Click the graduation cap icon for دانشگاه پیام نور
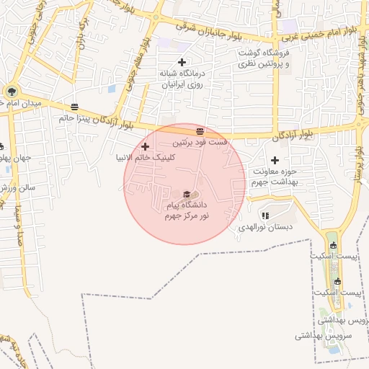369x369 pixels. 187,194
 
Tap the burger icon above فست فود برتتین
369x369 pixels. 200,131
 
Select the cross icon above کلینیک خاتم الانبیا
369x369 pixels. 145,146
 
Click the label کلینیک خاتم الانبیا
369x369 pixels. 143,156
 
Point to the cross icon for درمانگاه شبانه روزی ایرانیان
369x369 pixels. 182,62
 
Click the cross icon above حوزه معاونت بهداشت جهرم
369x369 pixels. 274,160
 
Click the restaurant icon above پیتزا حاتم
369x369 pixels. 75,107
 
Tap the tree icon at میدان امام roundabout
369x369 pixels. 10,92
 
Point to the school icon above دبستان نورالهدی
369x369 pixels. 265,215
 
